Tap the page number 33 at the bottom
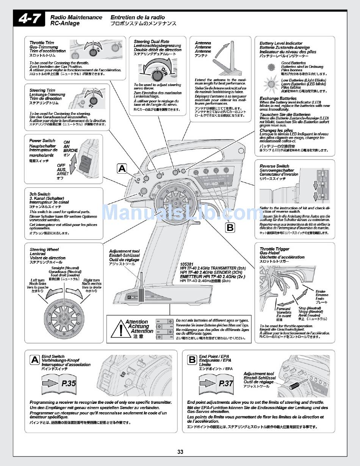180,452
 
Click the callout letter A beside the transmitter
122,169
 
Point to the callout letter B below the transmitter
230,227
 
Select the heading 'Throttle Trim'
42,43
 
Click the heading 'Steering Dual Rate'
152,41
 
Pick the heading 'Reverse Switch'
274,166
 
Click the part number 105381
187,264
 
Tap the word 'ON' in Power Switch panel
67,142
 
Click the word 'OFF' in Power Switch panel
61,166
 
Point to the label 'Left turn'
38,280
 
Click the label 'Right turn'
92,280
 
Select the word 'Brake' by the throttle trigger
321,292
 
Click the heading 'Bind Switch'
53,356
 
